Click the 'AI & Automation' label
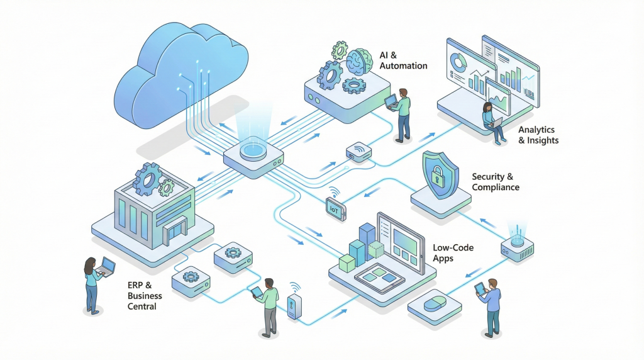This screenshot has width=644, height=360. pos(403,60)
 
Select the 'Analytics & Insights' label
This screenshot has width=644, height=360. pos(538,135)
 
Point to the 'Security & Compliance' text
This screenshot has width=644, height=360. pos(496,183)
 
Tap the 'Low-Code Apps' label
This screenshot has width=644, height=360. pos(453,253)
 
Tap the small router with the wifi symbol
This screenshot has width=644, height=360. pos(359,152)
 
